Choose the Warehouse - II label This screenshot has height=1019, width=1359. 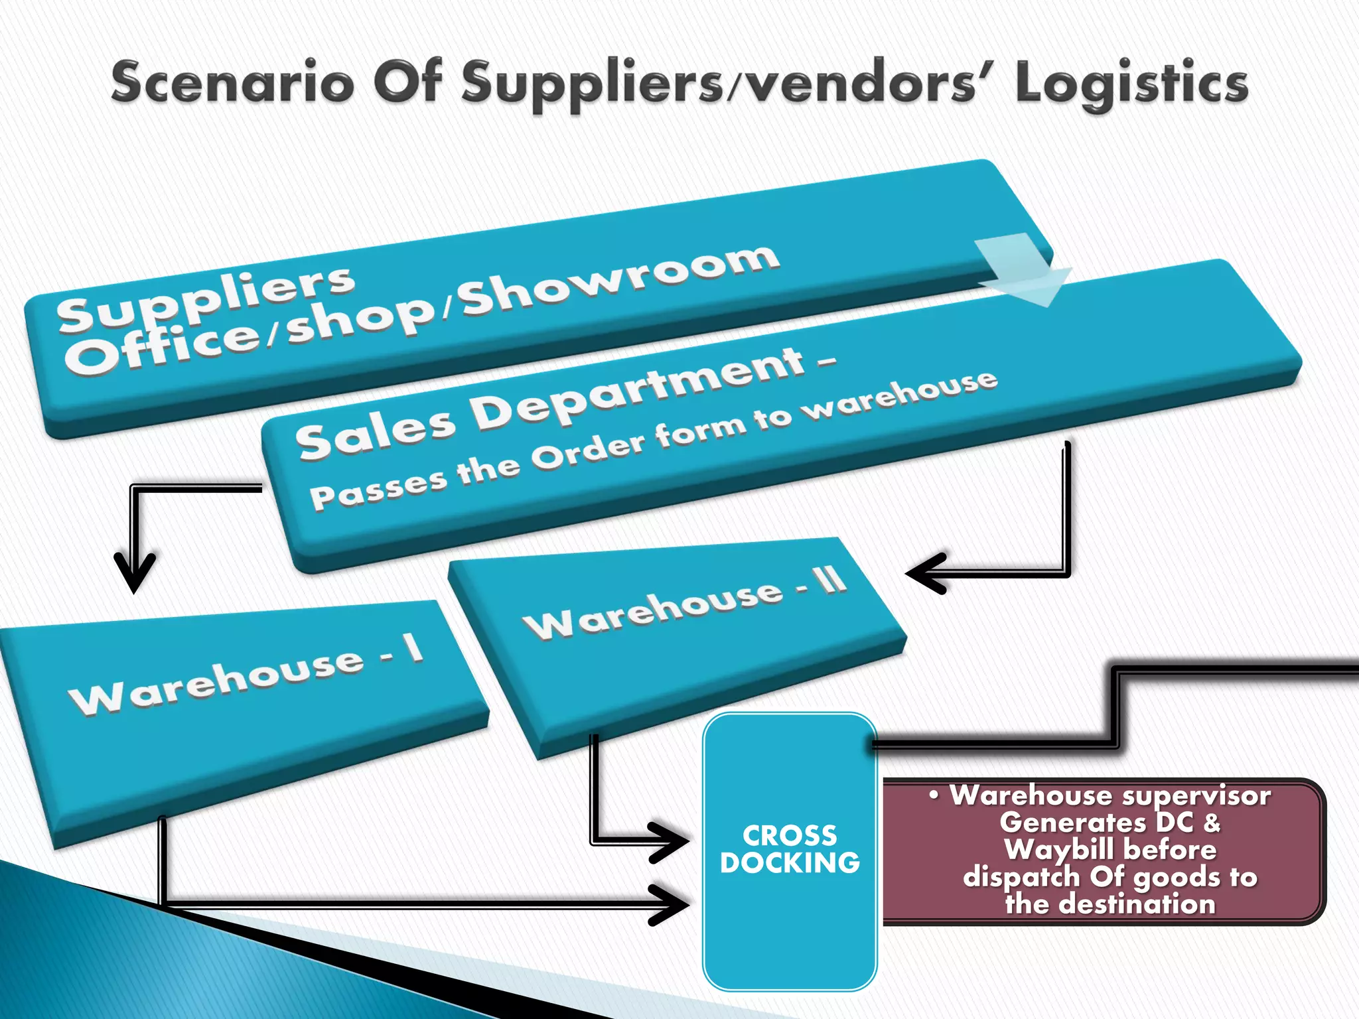click(x=683, y=604)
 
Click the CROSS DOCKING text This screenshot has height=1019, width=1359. click(x=790, y=849)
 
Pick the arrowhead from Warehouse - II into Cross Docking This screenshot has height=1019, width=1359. click(x=670, y=843)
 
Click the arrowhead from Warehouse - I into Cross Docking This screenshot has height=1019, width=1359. click(x=670, y=904)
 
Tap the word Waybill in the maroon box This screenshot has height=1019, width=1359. click(x=1058, y=850)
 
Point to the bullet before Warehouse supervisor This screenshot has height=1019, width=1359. click(x=934, y=795)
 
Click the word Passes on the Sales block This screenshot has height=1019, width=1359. click(x=378, y=489)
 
